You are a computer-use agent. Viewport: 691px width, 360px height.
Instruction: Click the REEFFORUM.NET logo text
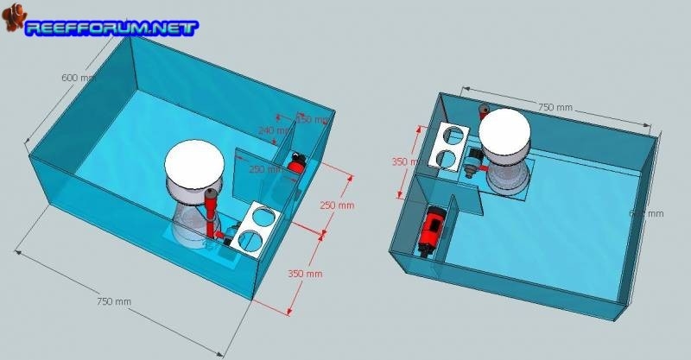pos(112,27)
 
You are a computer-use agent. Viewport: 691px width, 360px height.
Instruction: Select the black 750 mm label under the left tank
pos(115,301)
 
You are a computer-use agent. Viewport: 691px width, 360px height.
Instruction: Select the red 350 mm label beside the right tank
pos(399,162)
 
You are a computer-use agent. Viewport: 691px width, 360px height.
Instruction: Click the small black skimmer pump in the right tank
pos(474,160)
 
